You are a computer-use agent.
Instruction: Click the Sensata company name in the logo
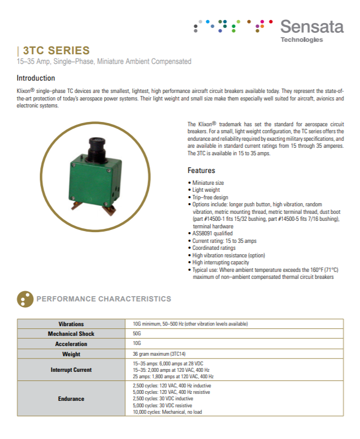pyautogui.click(x=312, y=26)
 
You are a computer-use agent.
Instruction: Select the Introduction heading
pyautogui.click(x=36, y=78)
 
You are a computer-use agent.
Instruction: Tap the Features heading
pyautogui.click(x=201, y=170)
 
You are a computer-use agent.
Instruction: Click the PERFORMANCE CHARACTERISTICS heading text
pyautogui.click(x=104, y=299)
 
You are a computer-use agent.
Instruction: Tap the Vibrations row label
pyautogui.click(x=71, y=324)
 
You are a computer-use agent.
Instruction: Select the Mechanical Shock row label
pyautogui.click(x=71, y=334)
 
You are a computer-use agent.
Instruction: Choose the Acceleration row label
pyautogui.click(x=71, y=343)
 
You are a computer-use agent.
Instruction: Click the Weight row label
pyautogui.click(x=71, y=354)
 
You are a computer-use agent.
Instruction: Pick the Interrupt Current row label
pyautogui.click(x=71, y=370)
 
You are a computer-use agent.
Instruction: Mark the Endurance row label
pyautogui.click(x=71, y=399)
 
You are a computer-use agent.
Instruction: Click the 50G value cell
pyautogui.click(x=136, y=334)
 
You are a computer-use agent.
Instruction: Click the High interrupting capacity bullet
pyautogui.click(x=220, y=263)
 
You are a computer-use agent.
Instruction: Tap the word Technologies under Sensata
pyautogui.click(x=301, y=40)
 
